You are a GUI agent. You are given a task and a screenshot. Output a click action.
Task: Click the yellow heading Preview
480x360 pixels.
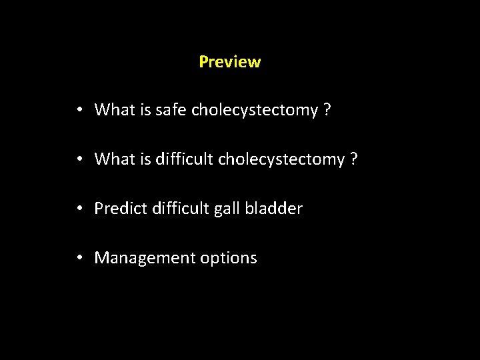229,62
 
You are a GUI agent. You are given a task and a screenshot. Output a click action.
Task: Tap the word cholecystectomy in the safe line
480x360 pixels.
254,110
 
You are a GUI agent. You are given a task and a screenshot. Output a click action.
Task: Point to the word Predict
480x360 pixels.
116,209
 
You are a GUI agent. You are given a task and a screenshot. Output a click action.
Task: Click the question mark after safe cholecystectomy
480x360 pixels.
327,110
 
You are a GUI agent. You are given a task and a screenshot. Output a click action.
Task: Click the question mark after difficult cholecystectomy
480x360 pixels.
354,159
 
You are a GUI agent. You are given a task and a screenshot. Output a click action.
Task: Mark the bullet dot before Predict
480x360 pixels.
79,209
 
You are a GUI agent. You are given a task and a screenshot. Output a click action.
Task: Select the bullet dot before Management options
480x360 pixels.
79,259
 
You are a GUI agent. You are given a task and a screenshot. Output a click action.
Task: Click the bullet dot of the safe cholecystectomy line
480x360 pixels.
79,111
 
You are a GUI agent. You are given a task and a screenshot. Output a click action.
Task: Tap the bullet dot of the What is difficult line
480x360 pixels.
79,160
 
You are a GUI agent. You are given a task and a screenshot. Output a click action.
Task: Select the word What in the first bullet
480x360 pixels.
115,110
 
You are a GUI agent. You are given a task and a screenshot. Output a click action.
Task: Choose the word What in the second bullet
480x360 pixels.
115,159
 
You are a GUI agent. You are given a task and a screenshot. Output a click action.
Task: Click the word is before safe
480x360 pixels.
145,110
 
